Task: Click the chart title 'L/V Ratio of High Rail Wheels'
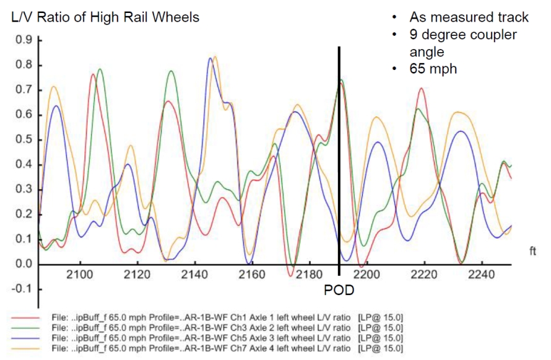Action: click(105, 17)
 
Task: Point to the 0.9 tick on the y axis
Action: click(24, 41)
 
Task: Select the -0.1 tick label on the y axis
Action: click(22, 289)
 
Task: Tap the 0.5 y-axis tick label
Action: click(24, 140)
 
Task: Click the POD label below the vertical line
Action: click(339, 290)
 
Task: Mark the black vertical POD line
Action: click(339, 155)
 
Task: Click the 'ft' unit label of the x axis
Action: click(532, 251)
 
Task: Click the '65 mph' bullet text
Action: click(433, 68)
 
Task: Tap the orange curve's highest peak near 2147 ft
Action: click(215, 56)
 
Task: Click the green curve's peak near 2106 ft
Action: click(99, 69)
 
